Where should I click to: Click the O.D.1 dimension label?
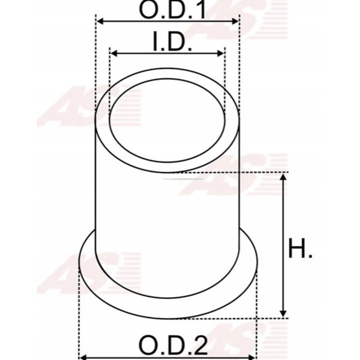point(172,9)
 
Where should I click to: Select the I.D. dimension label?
point(171,42)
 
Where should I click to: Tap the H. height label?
point(300,248)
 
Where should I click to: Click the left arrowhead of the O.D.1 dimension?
point(100,21)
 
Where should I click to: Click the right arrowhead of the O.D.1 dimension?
point(235,21)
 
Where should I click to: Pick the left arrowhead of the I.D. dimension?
point(114,53)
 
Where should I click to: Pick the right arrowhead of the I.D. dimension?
point(220,53)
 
